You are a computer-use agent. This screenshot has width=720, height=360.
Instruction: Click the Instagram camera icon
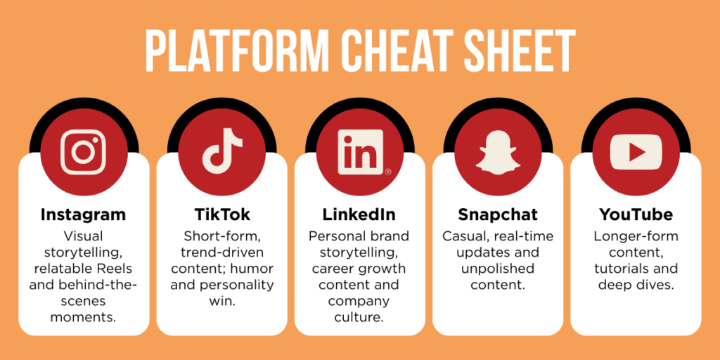tap(83, 152)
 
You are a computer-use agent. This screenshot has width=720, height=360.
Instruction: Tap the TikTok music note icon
tap(221, 152)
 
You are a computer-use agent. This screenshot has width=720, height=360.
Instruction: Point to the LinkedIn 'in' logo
tap(360, 152)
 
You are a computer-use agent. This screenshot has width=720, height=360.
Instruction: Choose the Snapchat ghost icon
tap(498, 152)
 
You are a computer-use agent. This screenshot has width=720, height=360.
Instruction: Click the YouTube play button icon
tap(636, 152)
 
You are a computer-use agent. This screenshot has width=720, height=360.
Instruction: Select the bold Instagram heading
tap(83, 214)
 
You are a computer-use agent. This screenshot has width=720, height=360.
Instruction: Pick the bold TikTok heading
tap(221, 214)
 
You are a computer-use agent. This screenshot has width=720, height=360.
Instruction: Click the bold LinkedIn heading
tap(359, 214)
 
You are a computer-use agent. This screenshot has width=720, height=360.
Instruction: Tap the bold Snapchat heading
tap(498, 214)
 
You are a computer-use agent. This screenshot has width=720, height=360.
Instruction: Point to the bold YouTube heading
tap(636, 214)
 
